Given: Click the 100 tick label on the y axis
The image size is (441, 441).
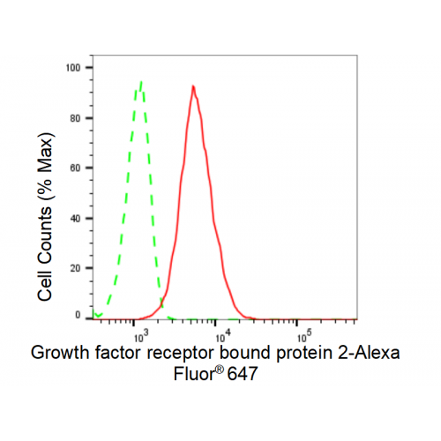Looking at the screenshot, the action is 73,68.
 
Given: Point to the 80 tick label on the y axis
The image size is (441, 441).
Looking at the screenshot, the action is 75,118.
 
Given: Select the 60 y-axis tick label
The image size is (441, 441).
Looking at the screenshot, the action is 75,168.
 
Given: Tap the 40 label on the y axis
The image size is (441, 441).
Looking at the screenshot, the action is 75,219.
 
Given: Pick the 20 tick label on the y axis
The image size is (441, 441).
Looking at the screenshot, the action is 75,268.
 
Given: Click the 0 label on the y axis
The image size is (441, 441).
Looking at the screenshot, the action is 78,315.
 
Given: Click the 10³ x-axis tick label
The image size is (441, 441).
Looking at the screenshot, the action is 141,336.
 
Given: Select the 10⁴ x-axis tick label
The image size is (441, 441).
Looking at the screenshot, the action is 223,336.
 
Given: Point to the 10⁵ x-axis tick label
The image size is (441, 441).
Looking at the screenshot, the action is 304,336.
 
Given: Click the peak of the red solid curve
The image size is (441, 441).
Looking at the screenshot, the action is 193,86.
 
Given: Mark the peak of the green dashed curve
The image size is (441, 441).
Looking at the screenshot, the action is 141,81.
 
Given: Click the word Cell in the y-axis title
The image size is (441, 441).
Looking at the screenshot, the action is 45,286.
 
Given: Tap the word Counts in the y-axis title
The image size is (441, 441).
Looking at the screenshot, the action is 45,236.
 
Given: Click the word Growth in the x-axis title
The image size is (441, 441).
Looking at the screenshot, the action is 60,352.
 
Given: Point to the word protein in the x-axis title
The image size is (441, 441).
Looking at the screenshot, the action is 304,353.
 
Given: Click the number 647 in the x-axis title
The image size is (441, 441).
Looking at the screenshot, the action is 243,374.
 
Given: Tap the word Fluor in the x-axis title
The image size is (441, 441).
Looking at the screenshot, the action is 193,374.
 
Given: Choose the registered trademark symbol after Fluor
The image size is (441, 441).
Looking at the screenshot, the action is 220,370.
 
